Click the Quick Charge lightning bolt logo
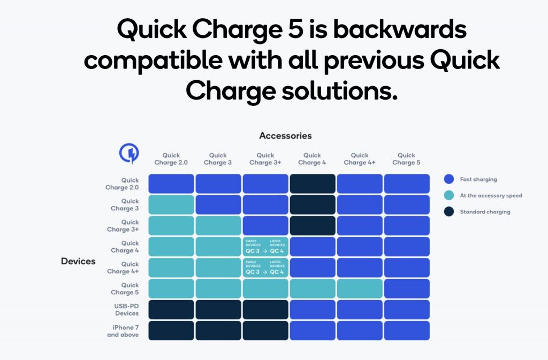pos(128,154)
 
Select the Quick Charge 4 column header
pos(312,159)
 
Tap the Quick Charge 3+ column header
pos(265,159)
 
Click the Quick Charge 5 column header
pos(406,159)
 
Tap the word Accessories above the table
pos(285,136)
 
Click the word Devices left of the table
pos(78,262)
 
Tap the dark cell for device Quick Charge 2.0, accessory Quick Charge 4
pos(313,184)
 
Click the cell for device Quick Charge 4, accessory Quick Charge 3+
pos(265,247)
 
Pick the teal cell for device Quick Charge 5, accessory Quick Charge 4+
pos(360,289)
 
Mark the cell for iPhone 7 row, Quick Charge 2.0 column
pos(171,331)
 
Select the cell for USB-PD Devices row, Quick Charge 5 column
pos(407,310)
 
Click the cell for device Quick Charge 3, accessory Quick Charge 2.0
pos(171,205)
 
